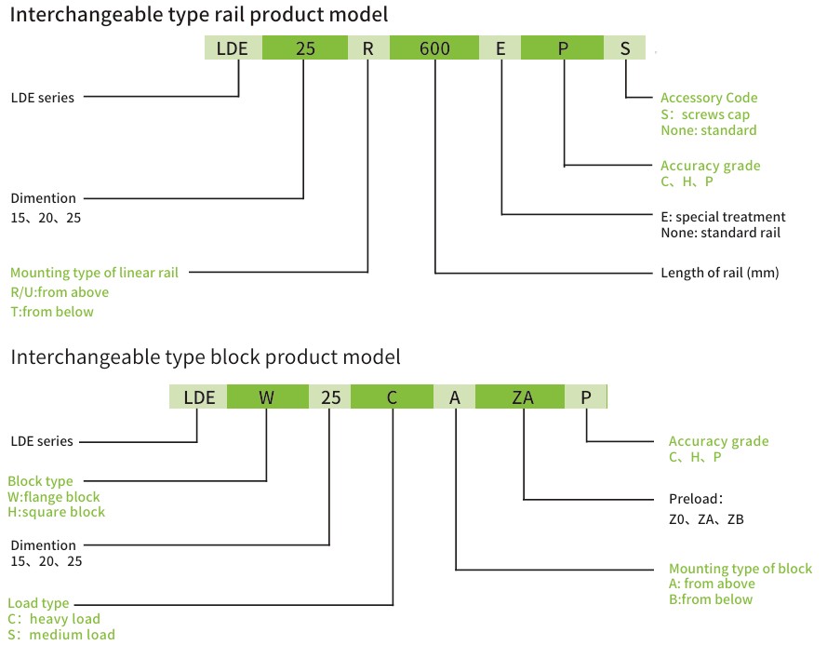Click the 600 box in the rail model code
click(x=434, y=48)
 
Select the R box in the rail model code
click(x=368, y=48)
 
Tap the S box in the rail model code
click(x=625, y=48)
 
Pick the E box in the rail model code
click(x=500, y=48)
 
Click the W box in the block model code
click(x=267, y=397)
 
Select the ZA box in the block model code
click(x=523, y=397)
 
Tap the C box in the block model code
click(x=393, y=397)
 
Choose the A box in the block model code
click(x=455, y=397)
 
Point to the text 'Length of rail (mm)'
click(x=719, y=273)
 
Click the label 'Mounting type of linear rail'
click(x=94, y=273)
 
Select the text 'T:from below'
click(x=52, y=312)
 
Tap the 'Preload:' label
click(x=696, y=498)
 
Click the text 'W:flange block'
click(x=54, y=497)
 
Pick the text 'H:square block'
click(x=56, y=512)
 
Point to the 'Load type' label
click(x=38, y=603)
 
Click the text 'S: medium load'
click(x=61, y=635)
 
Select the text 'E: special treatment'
click(x=723, y=217)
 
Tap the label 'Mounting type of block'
click(x=740, y=569)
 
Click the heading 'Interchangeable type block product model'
click(x=206, y=356)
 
